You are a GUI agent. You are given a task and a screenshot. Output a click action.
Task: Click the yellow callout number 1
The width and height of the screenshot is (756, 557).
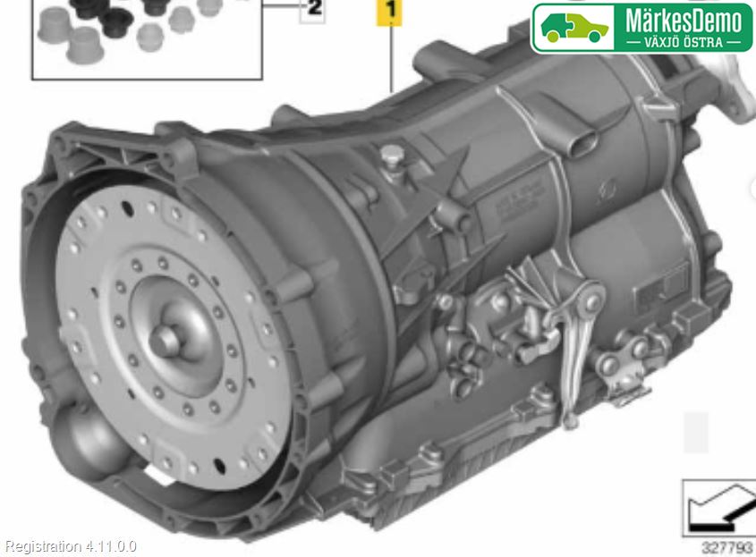point(389,10)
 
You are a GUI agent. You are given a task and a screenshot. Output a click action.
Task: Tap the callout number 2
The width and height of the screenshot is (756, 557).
point(313,9)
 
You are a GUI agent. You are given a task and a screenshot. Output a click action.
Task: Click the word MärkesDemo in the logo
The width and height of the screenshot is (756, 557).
point(684,22)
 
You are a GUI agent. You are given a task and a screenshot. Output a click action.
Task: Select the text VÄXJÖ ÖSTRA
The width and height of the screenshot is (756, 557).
point(684,42)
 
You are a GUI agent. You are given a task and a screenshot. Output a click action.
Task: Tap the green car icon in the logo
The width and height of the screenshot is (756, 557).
point(574,28)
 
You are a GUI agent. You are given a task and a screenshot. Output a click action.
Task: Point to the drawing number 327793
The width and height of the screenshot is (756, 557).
point(728,548)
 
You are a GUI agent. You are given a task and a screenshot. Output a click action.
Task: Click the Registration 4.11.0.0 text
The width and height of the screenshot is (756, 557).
point(71,547)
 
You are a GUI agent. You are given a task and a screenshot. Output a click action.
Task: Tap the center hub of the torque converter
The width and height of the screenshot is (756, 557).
point(165,341)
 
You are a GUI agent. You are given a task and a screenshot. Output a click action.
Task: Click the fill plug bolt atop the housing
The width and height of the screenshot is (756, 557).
point(393,157)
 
